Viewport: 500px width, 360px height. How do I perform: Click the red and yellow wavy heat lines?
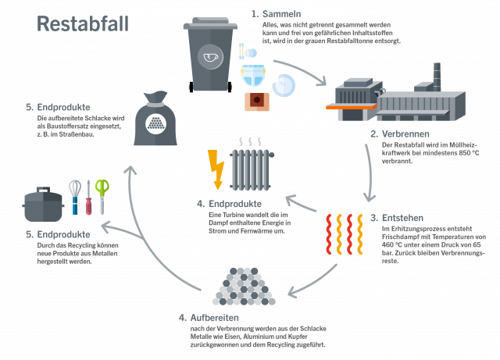point(341,234)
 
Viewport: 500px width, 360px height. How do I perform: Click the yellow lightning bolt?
point(214,169)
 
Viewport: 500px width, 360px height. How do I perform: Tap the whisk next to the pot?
point(74,196)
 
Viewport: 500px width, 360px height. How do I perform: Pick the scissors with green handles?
point(101,194)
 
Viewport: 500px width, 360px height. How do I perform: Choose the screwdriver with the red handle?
point(88,200)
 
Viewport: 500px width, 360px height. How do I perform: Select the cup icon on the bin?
point(209,56)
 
